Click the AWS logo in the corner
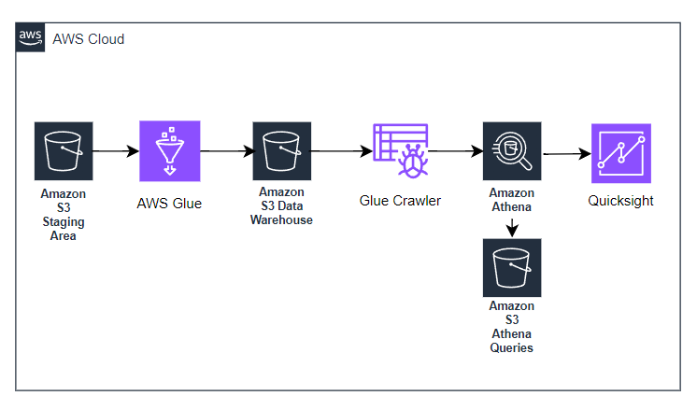tap(31, 38)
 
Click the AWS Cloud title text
tap(89, 39)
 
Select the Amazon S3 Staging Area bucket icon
tap(64, 150)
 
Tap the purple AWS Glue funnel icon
tap(169, 150)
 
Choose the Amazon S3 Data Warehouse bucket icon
tap(280, 150)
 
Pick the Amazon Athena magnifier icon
tap(512, 150)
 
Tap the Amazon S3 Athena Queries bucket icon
tap(512, 269)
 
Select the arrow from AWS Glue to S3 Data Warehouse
tap(225, 149)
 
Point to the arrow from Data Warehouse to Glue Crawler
tap(339, 149)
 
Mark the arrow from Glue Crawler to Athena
tap(454, 149)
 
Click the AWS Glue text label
tap(169, 203)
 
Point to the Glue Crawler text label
tap(400, 200)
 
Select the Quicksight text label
tap(620, 200)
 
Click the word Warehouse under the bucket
tap(281, 220)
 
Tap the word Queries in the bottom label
tap(512, 347)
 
